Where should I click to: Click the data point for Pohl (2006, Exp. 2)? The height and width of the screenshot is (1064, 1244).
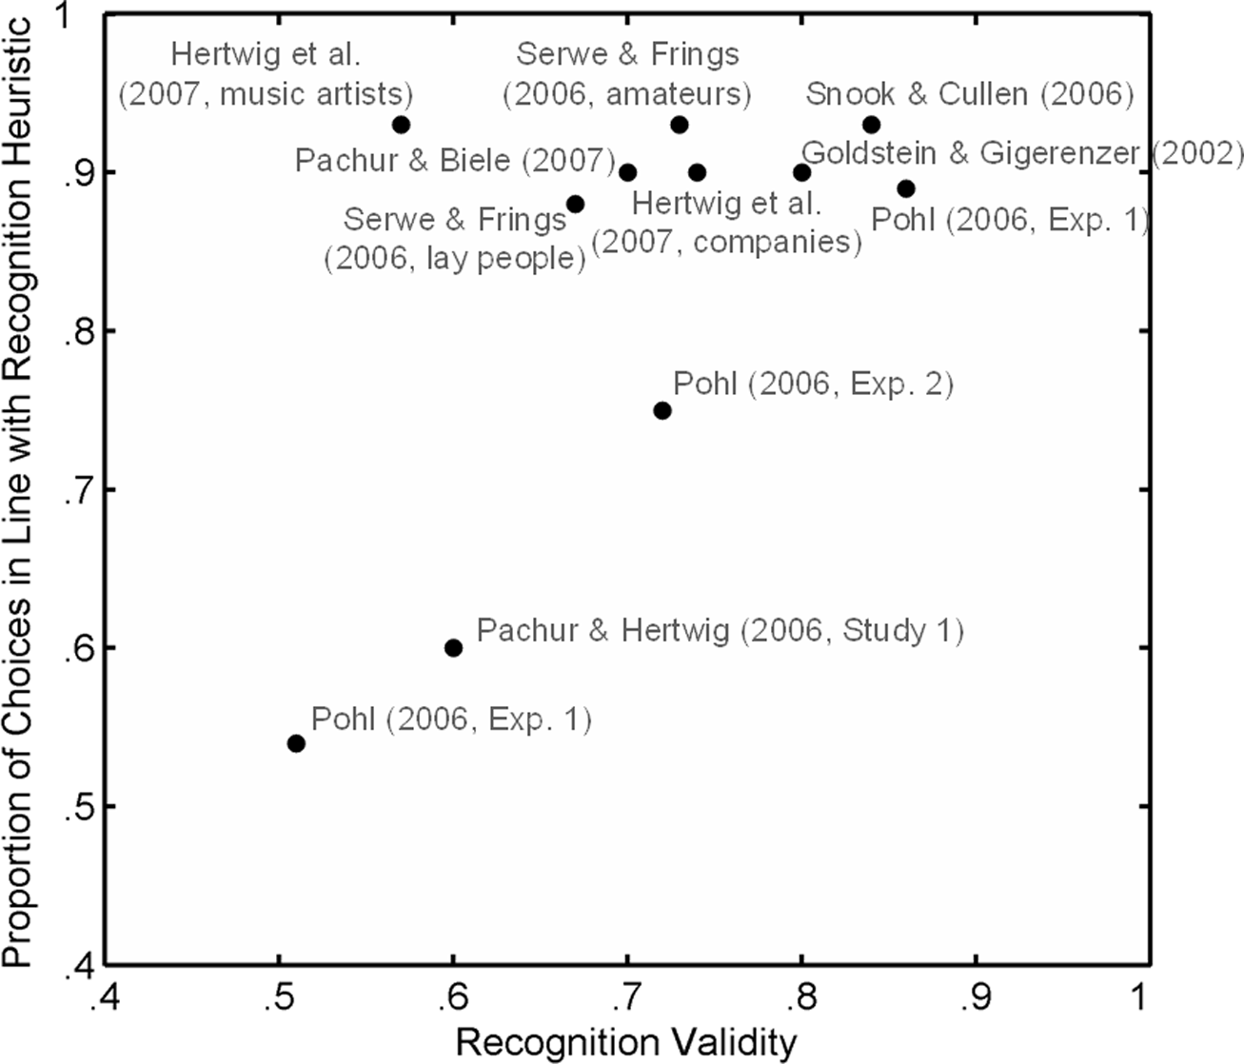(x=662, y=410)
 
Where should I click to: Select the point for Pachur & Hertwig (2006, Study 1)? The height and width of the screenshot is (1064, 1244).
(x=453, y=648)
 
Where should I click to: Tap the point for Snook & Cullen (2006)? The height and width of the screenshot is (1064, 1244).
(x=871, y=125)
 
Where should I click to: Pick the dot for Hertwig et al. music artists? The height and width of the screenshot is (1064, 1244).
(x=401, y=125)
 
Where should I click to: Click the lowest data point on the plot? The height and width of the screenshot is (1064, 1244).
(x=296, y=743)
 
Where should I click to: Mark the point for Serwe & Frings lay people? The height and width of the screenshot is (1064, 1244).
(x=575, y=204)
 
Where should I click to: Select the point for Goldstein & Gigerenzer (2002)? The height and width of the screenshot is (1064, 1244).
(x=801, y=172)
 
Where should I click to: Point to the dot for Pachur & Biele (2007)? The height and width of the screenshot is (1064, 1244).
(x=627, y=172)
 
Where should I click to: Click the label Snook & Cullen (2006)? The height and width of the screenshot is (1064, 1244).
(x=969, y=94)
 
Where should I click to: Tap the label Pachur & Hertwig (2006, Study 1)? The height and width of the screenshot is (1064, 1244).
(x=720, y=631)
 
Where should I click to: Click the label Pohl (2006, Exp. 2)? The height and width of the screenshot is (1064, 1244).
(x=813, y=384)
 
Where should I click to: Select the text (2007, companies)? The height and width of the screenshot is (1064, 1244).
(x=727, y=243)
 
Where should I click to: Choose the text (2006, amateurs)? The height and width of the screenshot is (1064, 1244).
(x=627, y=94)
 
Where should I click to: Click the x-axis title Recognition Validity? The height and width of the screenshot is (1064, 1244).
(x=625, y=1042)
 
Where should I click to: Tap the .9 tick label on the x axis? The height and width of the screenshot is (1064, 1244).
(x=974, y=998)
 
